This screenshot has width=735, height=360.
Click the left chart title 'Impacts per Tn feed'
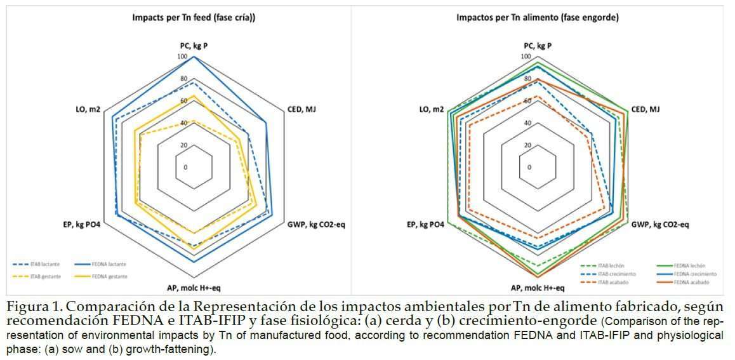point(194,18)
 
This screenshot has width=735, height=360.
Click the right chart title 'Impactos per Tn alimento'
point(536,18)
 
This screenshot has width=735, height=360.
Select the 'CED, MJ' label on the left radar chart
point(301,110)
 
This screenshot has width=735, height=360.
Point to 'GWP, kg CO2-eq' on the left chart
point(316,224)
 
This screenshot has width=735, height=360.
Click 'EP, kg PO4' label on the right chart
point(425,224)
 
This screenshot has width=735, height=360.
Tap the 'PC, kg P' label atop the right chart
point(538,46)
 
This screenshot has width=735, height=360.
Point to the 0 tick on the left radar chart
point(185,168)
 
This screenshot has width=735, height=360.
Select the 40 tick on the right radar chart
point(527,123)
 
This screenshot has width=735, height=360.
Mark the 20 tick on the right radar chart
point(527,145)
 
